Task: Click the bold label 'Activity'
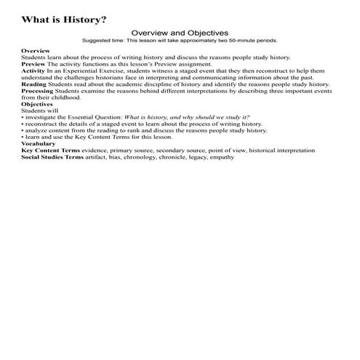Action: pos(33,71)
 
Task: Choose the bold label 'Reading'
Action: pos(34,84)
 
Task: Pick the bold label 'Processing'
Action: pos(39,90)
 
